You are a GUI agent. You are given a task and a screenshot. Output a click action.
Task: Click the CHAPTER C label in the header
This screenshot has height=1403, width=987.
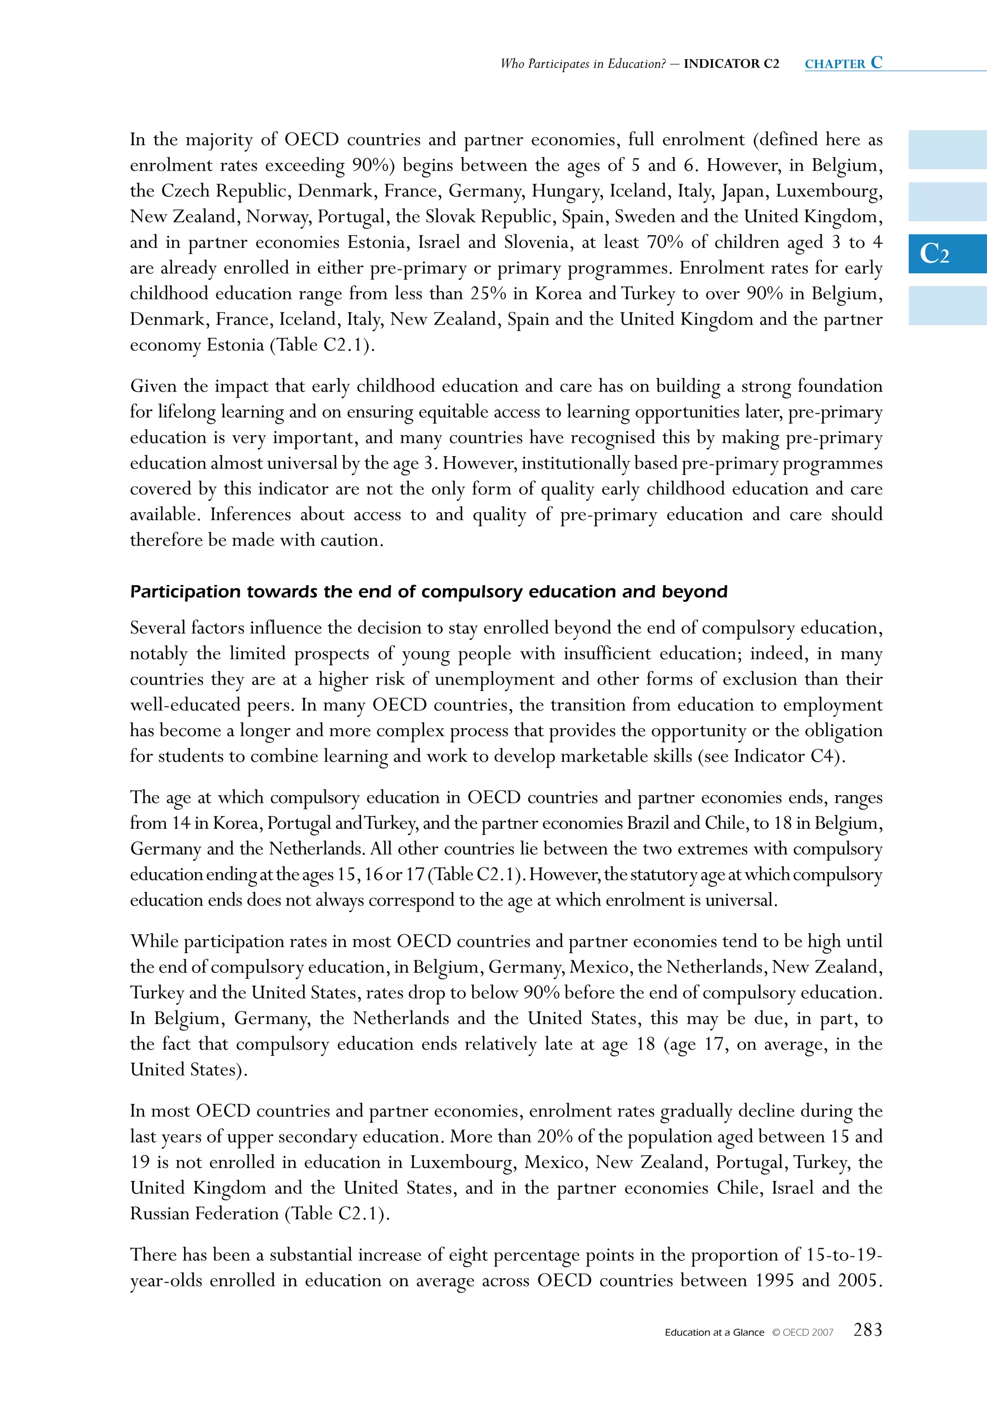tap(843, 63)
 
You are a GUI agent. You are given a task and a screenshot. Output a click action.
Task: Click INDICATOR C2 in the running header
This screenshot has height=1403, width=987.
tap(731, 64)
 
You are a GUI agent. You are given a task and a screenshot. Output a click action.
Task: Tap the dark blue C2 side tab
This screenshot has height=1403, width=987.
tap(947, 253)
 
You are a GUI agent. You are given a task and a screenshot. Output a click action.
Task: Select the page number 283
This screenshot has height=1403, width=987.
tap(867, 1330)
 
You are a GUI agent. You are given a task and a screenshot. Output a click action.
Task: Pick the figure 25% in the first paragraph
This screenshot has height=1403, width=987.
tap(488, 293)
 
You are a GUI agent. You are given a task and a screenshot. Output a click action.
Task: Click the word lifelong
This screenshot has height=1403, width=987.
tap(187, 412)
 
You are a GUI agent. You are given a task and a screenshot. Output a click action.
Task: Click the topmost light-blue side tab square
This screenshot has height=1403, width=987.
tap(947, 150)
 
